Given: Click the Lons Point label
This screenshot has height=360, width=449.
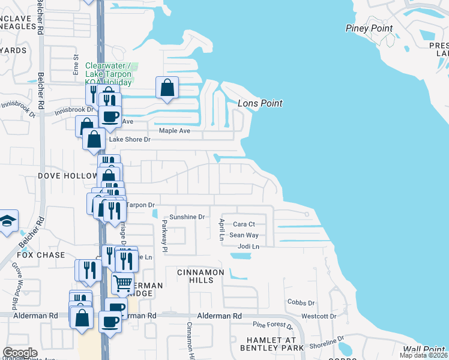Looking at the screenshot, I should point(260,103).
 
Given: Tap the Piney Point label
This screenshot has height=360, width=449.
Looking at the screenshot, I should point(369,28).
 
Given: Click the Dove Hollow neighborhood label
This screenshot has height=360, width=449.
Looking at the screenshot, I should point(67,176).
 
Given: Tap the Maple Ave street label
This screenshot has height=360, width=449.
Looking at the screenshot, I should point(174,131).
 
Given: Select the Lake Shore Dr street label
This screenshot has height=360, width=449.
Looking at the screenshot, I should point(129,140).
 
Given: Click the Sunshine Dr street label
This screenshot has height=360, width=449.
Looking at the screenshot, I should point(187,217).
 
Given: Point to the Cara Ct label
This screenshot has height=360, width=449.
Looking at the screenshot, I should point(244,224).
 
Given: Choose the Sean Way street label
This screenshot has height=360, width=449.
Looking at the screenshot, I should point(244,235).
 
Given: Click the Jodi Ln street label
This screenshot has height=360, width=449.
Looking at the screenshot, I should point(249,247).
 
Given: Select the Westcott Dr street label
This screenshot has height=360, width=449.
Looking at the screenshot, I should point(319,316).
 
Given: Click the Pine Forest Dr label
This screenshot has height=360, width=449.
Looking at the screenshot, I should point(273,326).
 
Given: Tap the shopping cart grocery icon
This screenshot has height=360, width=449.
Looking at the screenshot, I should point(123,282).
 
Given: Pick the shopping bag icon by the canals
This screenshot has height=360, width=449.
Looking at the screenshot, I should point(167,87).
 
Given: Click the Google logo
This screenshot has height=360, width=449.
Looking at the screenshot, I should point(20,353).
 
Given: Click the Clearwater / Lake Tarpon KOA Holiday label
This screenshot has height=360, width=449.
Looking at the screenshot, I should point(112,74).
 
